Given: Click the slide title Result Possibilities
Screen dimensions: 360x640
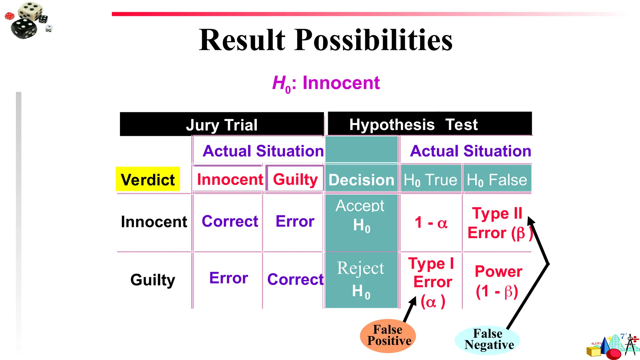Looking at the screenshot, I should (x=326, y=40).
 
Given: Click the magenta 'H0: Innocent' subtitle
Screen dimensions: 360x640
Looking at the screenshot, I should (x=326, y=83).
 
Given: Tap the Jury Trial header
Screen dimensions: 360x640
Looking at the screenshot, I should (x=222, y=125).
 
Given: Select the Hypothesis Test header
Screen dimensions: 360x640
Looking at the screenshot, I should (x=413, y=124).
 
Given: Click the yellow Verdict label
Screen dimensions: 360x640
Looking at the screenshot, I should (x=148, y=179).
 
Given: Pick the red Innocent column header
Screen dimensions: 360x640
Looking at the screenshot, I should (x=230, y=179).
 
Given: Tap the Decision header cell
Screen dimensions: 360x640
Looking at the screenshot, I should (x=361, y=180).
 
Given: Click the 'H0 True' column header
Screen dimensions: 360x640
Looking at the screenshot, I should (x=430, y=180).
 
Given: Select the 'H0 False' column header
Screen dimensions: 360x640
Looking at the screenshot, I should (x=497, y=180).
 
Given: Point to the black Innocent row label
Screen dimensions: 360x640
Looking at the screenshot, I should (x=154, y=222).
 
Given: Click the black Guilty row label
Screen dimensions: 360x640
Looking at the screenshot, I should (x=152, y=280).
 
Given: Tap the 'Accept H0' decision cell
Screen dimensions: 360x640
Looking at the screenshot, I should (x=361, y=216).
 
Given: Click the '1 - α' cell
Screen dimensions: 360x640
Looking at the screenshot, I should (x=431, y=223).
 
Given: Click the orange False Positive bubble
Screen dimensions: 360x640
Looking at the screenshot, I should (x=388, y=336).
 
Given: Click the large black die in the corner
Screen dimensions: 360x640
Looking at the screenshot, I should (x=24, y=28).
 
